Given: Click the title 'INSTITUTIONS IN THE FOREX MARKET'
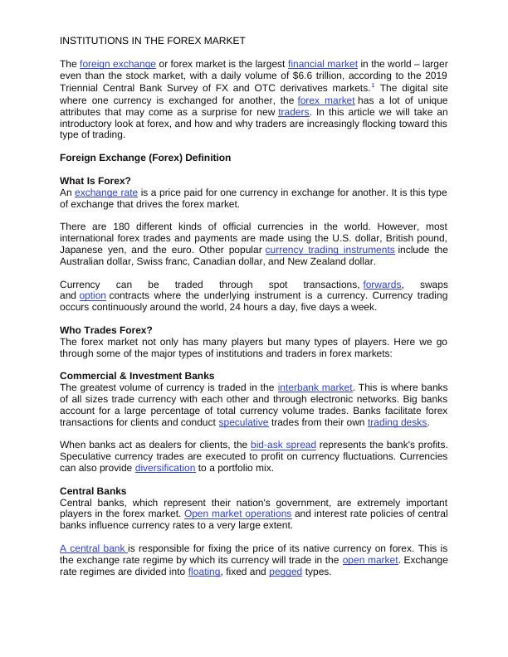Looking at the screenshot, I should point(152,40).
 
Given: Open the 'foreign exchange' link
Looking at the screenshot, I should point(118,64).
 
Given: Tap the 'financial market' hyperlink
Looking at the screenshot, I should point(322,64).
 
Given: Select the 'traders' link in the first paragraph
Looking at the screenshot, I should point(294,111).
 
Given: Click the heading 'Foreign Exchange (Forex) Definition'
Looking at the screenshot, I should point(145,158).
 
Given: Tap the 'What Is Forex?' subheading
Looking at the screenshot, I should point(95,181).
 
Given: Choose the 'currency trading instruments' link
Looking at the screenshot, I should point(330,250).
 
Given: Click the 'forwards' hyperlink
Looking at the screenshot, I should point(382,285).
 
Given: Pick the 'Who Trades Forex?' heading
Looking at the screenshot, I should point(106,330).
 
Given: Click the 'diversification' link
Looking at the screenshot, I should point(165,468).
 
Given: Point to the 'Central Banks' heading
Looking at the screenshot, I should point(93,491).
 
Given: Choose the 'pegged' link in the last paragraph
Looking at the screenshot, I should point(286,572).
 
